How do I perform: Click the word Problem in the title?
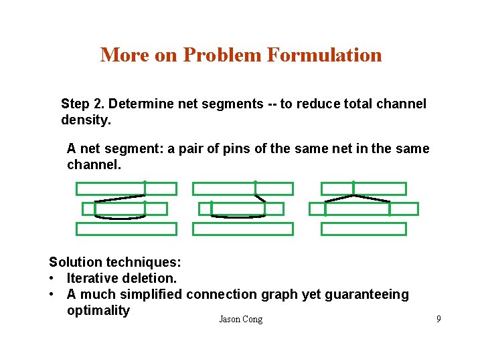(222, 55)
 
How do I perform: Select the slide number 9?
(438, 319)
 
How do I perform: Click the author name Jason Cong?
(240, 320)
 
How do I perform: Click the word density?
(86, 120)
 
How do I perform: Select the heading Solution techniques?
(115, 262)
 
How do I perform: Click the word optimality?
(98, 310)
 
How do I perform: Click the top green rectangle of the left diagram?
(126, 189)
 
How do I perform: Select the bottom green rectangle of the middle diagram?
(242, 229)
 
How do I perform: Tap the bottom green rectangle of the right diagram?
(364, 229)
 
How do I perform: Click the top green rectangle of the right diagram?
(364, 189)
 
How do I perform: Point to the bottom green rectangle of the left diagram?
(126, 229)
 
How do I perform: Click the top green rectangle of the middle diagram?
(242, 189)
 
